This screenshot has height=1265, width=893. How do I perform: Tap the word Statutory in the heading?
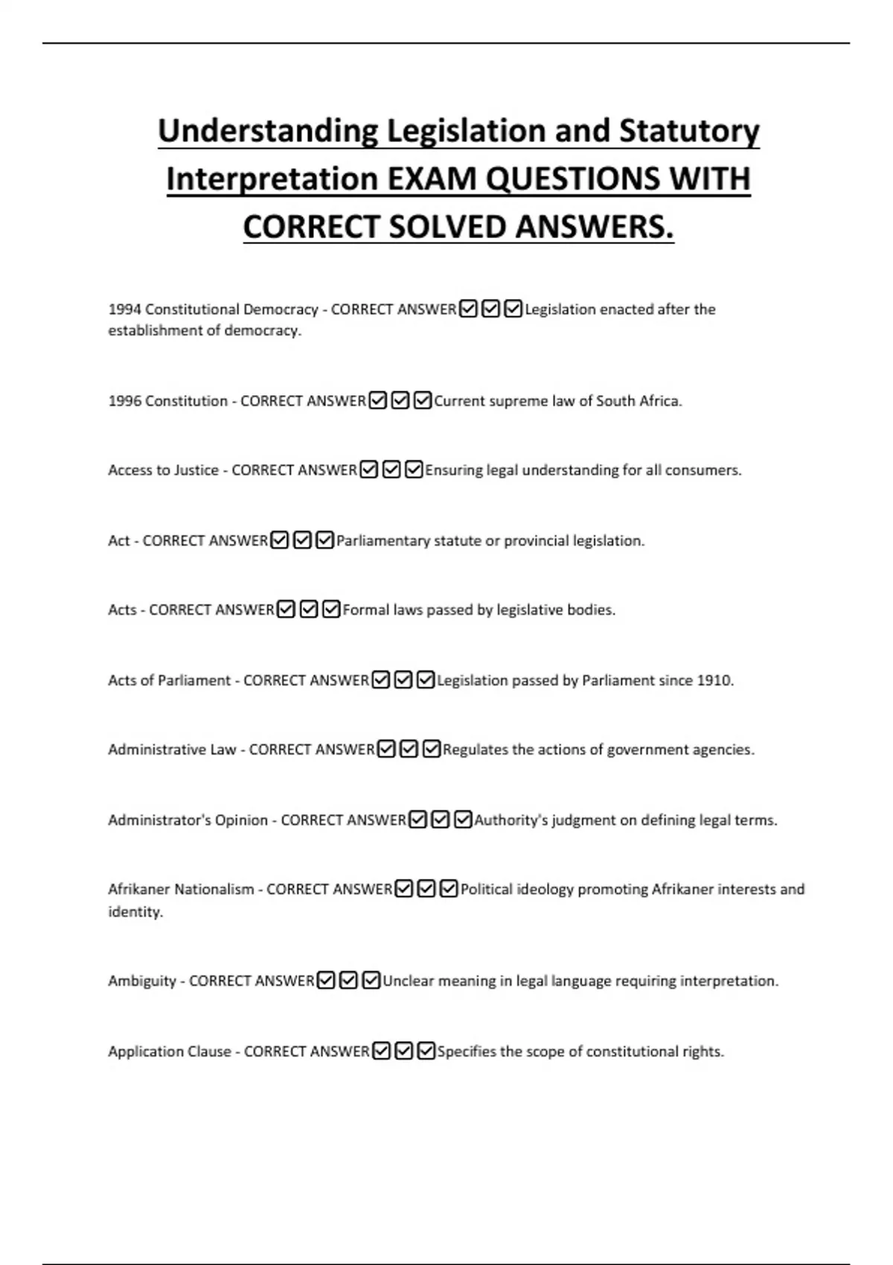point(689,132)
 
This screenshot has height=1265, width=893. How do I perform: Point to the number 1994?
point(124,310)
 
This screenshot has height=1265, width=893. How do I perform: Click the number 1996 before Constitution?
point(124,401)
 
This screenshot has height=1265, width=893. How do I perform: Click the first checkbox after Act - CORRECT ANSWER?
point(280,540)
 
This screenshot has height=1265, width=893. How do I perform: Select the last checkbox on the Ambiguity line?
point(371,981)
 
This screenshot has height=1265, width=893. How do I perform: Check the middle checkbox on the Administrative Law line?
point(409,749)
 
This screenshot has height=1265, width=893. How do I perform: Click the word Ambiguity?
point(142,981)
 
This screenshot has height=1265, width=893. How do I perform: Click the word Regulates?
point(475,749)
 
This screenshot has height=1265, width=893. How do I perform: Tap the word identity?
point(135,912)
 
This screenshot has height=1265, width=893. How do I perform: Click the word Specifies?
point(466,1051)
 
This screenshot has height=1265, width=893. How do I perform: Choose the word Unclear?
point(408,981)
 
